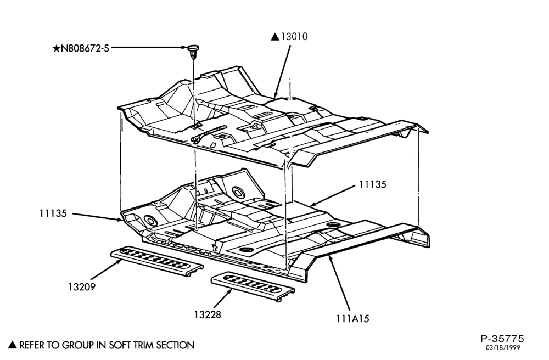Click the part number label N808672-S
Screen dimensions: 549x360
[x=85, y=48]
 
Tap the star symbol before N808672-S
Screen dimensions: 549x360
[x=56, y=48]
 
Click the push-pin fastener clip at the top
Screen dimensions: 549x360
[x=193, y=51]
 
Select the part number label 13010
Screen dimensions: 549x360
[x=294, y=36]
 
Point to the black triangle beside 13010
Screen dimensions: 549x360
[x=275, y=37]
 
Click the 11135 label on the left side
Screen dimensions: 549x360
[x=53, y=213]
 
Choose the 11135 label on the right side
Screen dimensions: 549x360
[x=373, y=184]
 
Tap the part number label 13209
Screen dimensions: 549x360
[x=82, y=287]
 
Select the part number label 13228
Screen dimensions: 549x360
[x=208, y=314]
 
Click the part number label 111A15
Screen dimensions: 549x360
[x=353, y=319]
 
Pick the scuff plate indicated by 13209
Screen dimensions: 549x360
[x=157, y=261]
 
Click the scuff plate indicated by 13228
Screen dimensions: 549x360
[x=253, y=286]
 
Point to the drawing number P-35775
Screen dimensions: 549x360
[x=502, y=339]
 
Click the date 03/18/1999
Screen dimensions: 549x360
[x=502, y=348]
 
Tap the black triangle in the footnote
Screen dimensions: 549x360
[x=13, y=345]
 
